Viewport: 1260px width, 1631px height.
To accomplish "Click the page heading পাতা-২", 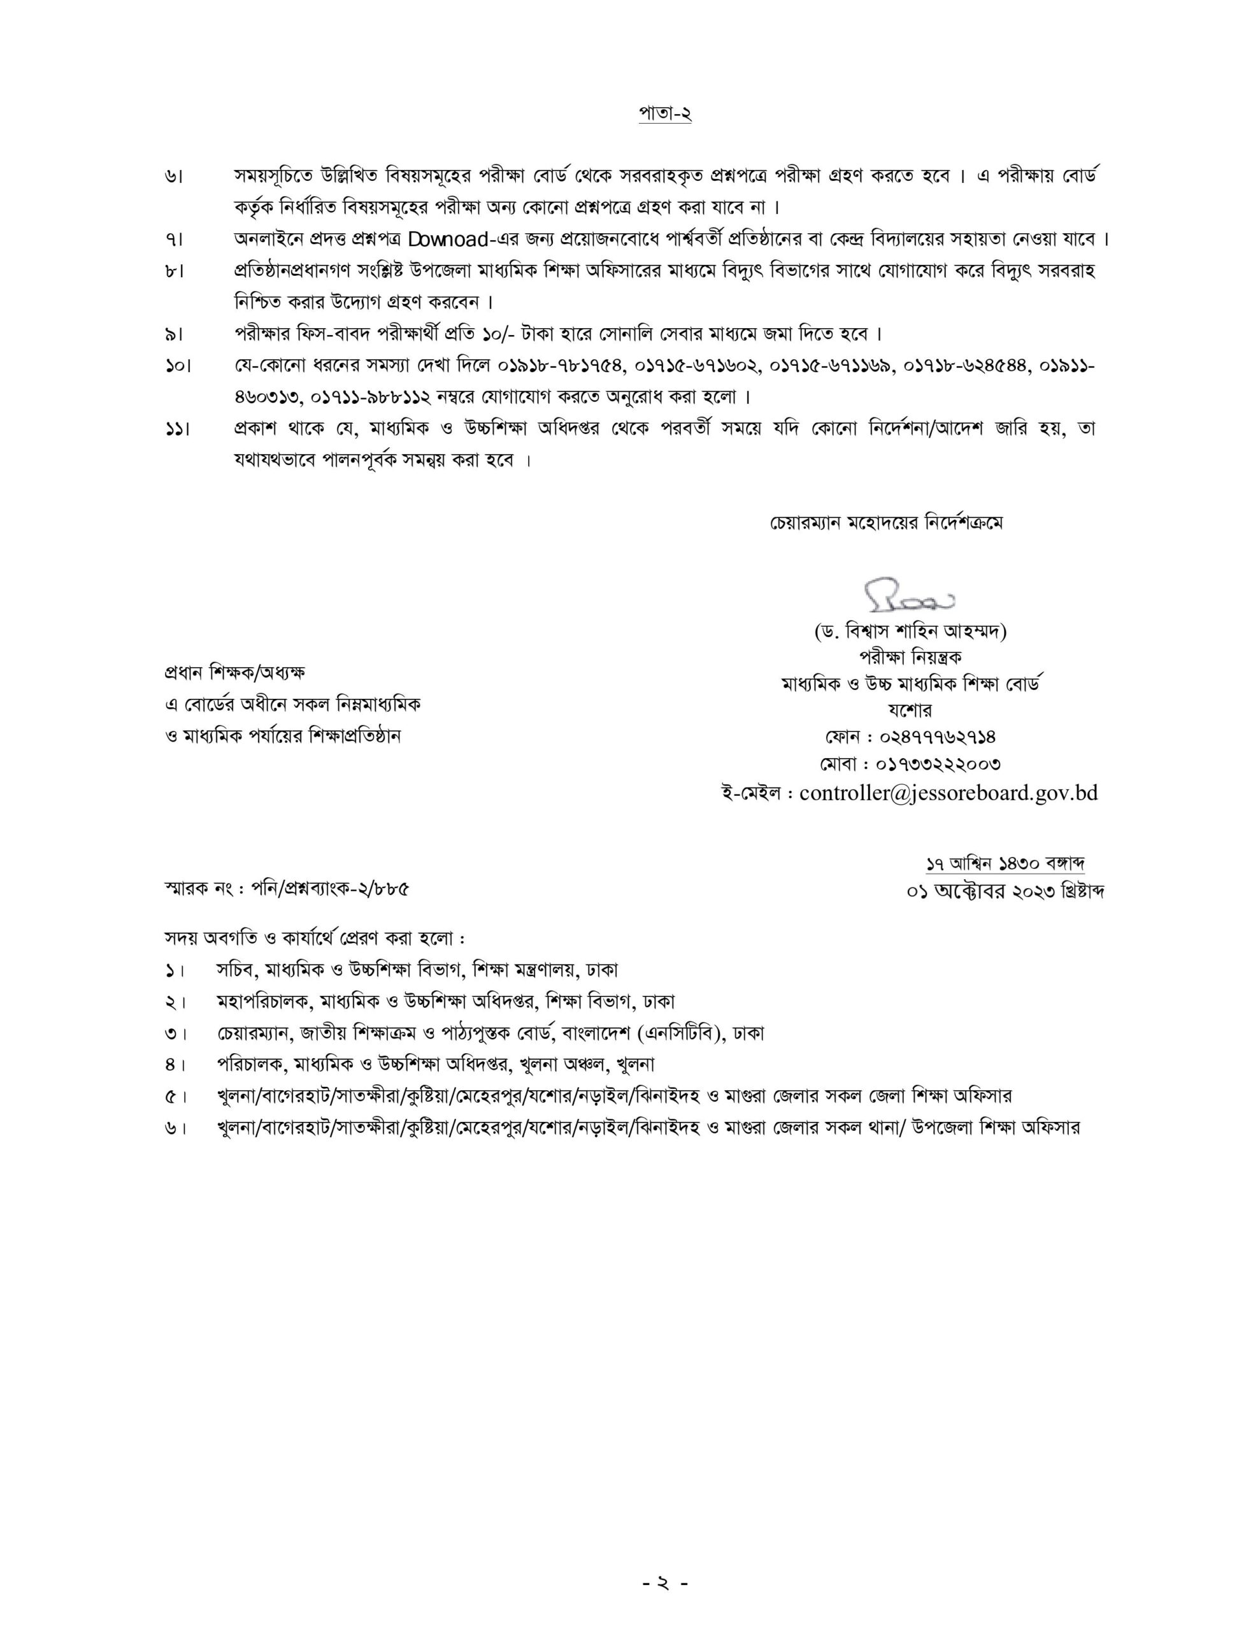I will click(664, 113).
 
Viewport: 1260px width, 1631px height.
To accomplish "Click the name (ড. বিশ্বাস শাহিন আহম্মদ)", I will click(910, 632).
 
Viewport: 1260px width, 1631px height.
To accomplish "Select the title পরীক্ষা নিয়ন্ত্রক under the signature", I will click(910, 657).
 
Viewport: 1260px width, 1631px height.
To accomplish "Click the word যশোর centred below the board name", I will click(910, 710).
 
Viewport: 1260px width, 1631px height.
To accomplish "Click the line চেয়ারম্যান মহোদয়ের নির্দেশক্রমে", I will click(887, 523).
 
